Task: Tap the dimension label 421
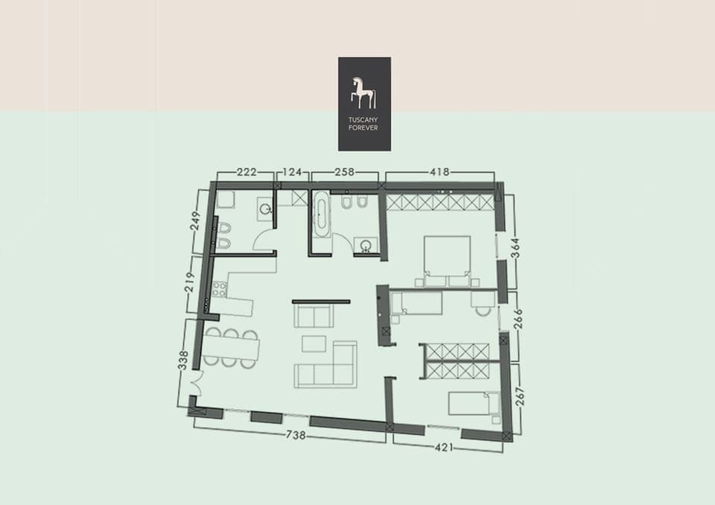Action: coord(444,447)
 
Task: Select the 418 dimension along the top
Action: coord(439,172)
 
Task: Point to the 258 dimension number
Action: coord(344,172)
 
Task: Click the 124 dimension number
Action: coord(293,172)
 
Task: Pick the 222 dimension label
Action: coord(246,172)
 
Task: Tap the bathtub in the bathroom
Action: coord(320,214)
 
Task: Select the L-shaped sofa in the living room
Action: coord(328,366)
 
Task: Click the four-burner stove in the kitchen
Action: coord(219,289)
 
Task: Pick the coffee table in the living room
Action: coord(314,343)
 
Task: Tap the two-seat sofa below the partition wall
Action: coord(313,316)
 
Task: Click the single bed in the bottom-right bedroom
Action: coord(473,404)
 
